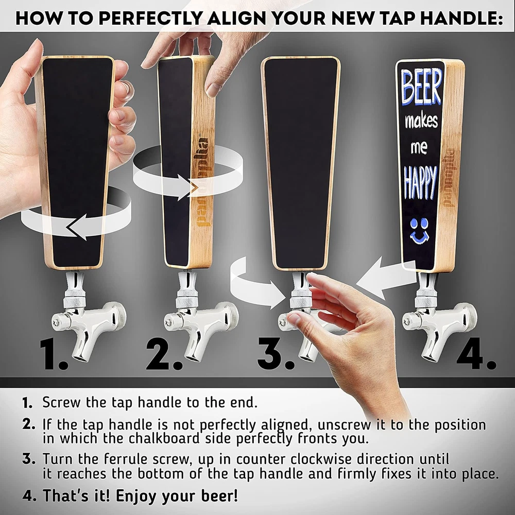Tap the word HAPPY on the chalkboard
(420, 183)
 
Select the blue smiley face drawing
(419, 231)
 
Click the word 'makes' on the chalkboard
(421, 121)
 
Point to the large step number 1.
(54, 355)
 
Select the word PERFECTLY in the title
(150, 18)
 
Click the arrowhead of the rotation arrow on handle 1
(76, 227)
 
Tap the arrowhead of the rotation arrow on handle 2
(188, 187)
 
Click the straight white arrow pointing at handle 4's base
(386, 277)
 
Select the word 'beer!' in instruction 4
(219, 495)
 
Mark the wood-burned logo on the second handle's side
(202, 182)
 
